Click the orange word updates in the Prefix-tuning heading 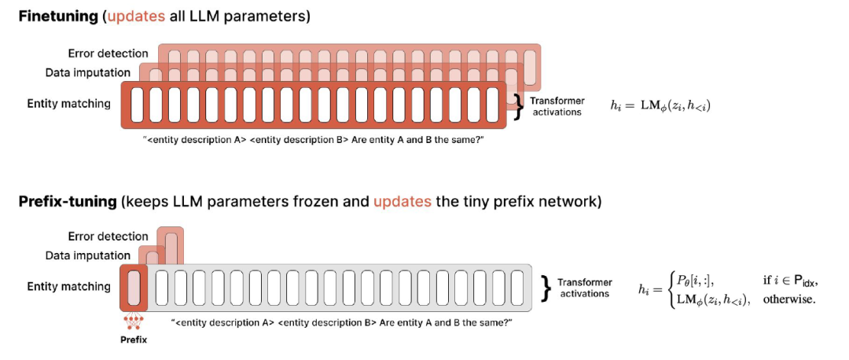tap(402, 201)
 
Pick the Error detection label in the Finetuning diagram tap(108, 53)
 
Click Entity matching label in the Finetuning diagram tap(68, 103)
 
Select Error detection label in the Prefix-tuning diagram tap(108, 236)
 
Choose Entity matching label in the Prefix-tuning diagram tap(68, 286)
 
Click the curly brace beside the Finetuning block tap(517, 106)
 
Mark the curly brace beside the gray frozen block tap(545, 288)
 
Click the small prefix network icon tap(133, 322)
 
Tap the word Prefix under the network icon tap(133, 340)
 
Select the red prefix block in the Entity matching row tap(134, 286)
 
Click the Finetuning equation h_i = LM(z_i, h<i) tap(660, 106)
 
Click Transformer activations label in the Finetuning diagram tap(557, 106)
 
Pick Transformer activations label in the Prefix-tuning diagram tap(585, 288)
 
